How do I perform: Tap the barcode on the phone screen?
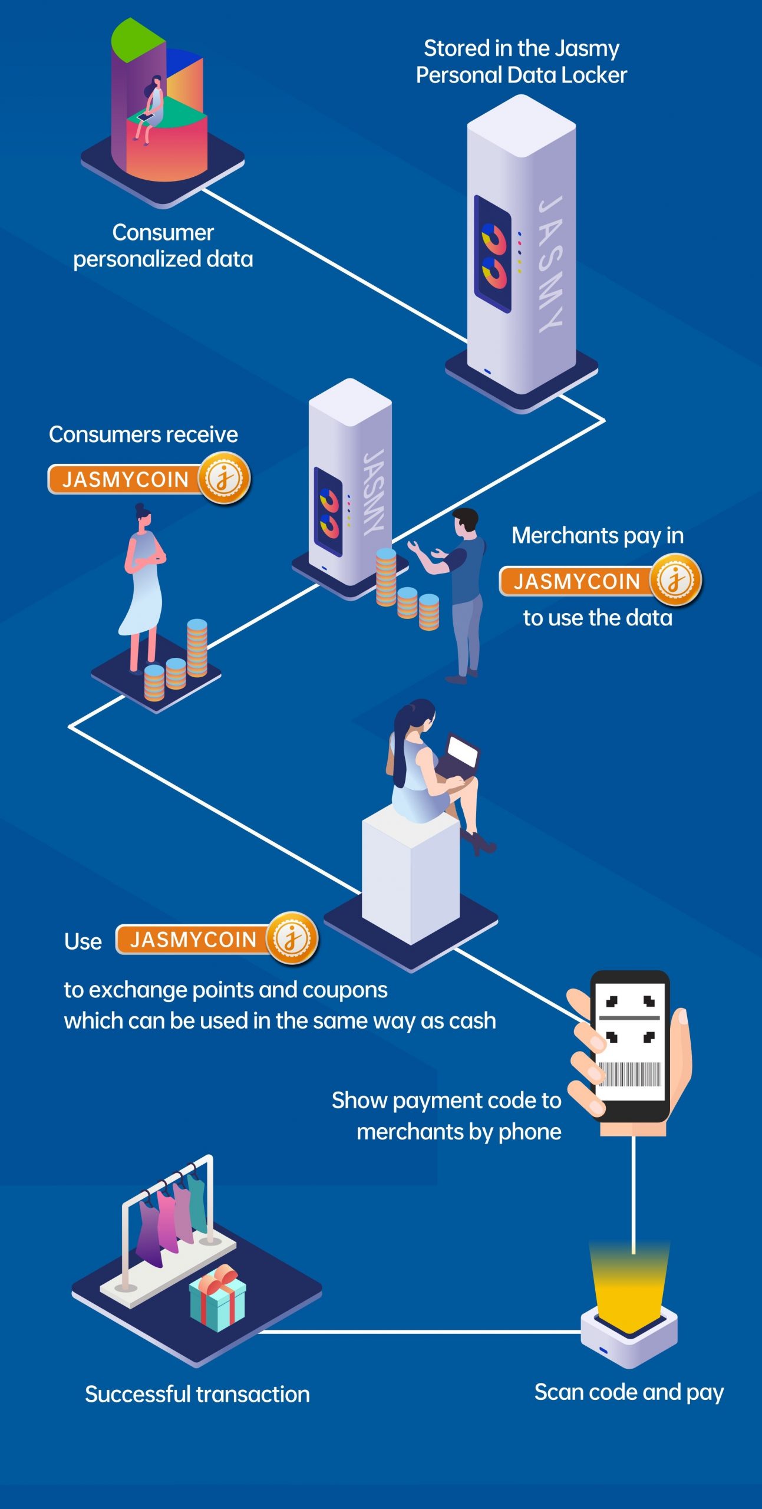pos(629,1074)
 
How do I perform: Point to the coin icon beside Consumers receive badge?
pos(225,478)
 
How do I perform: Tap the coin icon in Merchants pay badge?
pos(675,580)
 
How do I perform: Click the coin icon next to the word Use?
pos(292,938)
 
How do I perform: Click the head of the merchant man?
pos(466,522)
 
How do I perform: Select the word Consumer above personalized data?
pos(163,233)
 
